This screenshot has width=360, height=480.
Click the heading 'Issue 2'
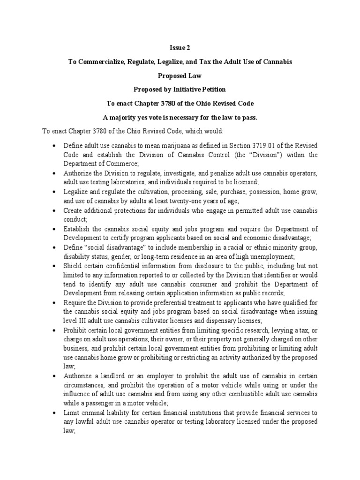pyautogui.click(x=180, y=47)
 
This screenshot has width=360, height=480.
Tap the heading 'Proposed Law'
pyautogui.click(x=180, y=75)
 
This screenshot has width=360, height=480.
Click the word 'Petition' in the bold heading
pyautogui.click(x=214, y=89)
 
